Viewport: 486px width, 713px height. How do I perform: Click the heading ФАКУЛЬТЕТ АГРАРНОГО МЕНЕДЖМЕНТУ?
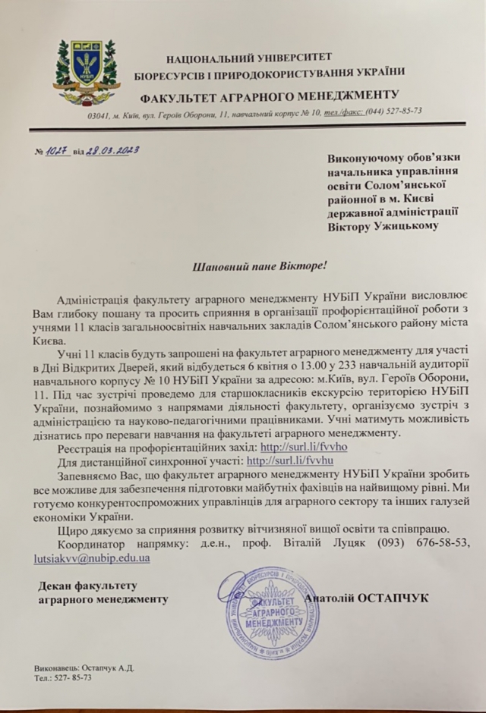pos(270,95)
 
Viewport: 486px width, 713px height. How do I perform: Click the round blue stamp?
pos(264,614)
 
